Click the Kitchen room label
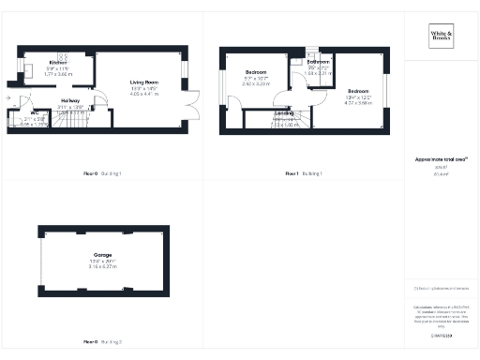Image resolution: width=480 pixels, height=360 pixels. tap(57, 62)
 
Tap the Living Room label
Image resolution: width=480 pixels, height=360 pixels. tap(145, 82)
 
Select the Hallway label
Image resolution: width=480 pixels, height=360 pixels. tap(70, 99)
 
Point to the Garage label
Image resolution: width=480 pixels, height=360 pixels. tap(103, 254)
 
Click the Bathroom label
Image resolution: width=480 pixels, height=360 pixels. tap(319, 62)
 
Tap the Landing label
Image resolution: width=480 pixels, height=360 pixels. tap(284, 113)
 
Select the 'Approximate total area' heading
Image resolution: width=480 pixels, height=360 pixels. tap(442, 160)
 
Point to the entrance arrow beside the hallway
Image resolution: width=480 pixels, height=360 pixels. tap(7, 97)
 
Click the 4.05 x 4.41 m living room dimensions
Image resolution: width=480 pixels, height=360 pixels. tap(145, 95)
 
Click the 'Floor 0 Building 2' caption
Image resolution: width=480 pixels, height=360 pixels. tap(103, 341)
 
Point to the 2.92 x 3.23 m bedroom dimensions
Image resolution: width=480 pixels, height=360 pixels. tap(257, 83)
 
